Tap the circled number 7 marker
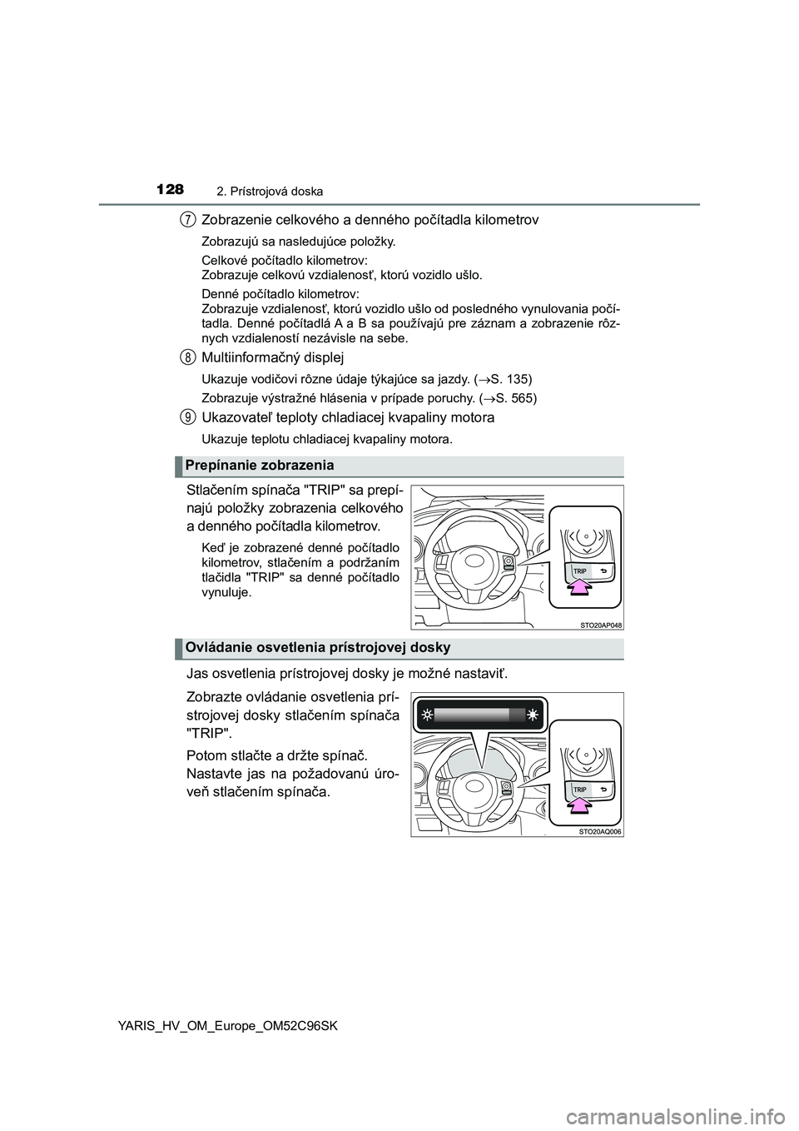pyautogui.click(x=189, y=220)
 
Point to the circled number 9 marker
pyautogui.click(x=189, y=417)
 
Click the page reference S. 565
pyautogui.click(x=519, y=398)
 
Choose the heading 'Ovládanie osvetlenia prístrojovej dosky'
pyautogui.click(x=317, y=647)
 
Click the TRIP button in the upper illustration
pyautogui.click(x=581, y=570)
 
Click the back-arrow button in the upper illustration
pyautogui.click(x=602, y=570)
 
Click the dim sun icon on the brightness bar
pyautogui.click(x=425, y=715)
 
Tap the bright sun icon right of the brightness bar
pyautogui.click(x=532, y=715)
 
